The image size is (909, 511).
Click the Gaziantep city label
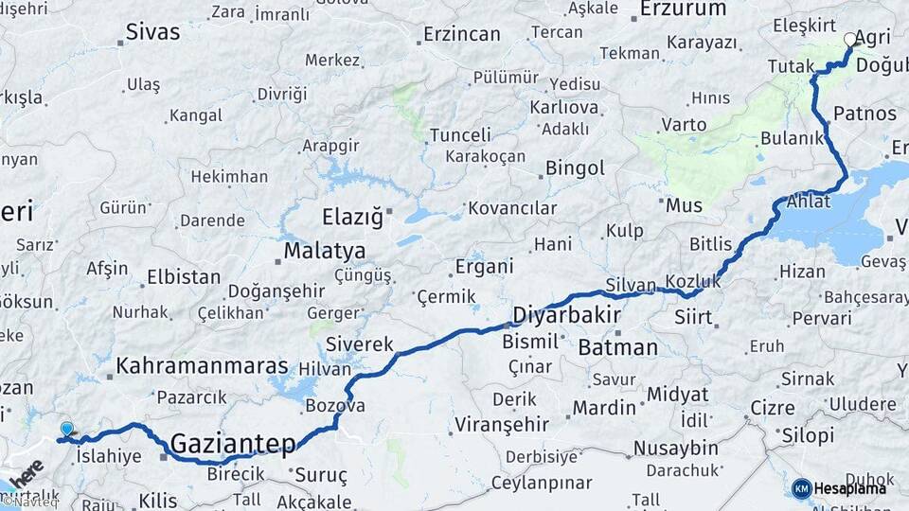tap(233, 442)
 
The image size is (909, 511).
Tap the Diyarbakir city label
tap(566, 314)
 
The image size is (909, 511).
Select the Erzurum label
tap(682, 9)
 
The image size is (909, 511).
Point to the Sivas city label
tap(153, 31)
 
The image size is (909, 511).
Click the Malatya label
tap(326, 252)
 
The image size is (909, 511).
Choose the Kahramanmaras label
tap(202, 365)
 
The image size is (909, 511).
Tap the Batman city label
tap(617, 347)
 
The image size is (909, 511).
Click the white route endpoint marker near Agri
tap(849, 40)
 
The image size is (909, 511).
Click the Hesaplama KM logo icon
tap(801, 488)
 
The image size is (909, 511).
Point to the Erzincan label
tap(461, 34)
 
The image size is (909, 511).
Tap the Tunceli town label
tap(460, 135)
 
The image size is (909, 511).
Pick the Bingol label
tap(575, 168)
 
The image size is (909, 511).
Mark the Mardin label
tap(604, 408)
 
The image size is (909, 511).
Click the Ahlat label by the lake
tap(808, 201)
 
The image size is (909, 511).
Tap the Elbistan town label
tap(184, 278)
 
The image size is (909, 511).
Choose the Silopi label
tap(809, 435)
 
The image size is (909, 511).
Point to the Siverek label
tap(359, 344)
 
